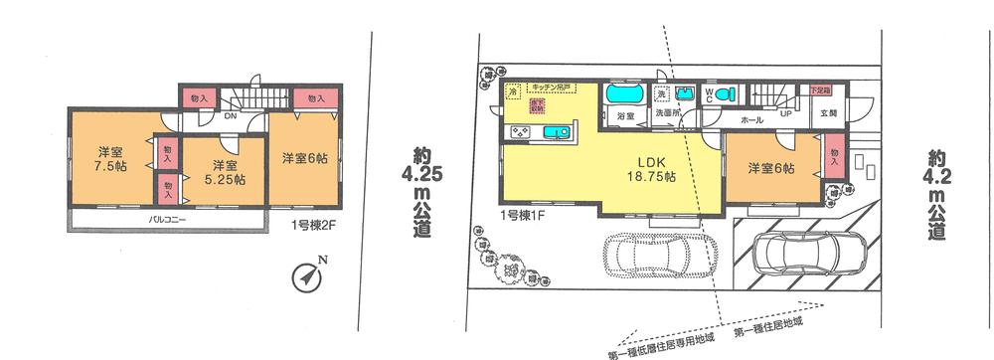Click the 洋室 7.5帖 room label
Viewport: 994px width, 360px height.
click(109, 159)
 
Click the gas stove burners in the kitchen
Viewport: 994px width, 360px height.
click(521, 131)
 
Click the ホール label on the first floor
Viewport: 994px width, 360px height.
click(751, 118)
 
